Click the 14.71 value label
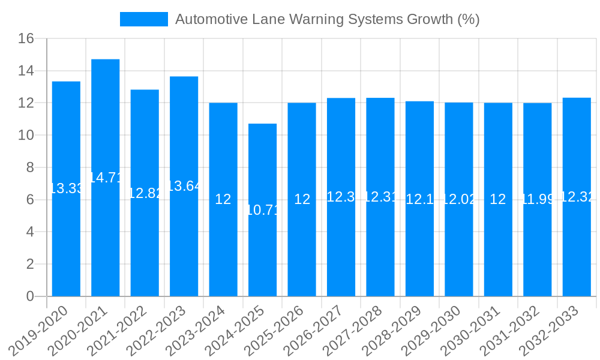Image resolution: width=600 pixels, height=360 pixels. [106, 178]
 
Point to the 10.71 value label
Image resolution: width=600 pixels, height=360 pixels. [263, 210]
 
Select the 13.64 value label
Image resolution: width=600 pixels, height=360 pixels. [184, 186]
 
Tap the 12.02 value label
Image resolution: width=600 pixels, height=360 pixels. [459, 199]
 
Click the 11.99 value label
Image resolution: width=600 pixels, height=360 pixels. [538, 199]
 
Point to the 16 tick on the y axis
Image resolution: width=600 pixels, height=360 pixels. [26, 39]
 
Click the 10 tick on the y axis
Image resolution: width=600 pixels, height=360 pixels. [26, 136]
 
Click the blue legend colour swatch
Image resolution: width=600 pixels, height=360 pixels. [144, 19]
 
